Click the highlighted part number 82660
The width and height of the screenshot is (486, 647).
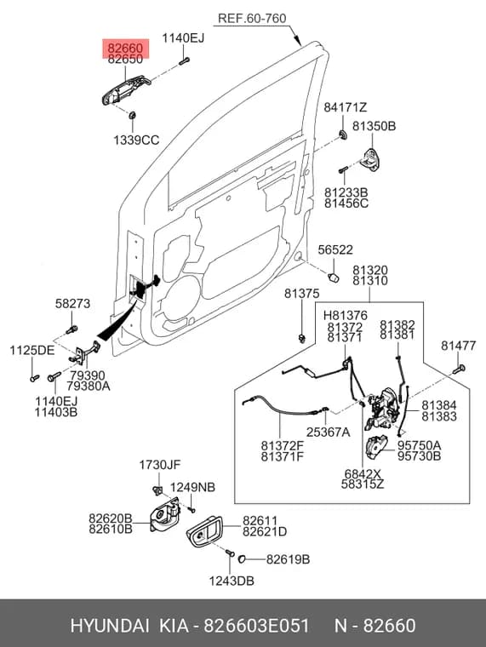125,49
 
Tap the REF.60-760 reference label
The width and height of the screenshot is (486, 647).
252,18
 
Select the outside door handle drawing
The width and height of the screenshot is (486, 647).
126,89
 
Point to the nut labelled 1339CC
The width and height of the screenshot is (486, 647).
133,115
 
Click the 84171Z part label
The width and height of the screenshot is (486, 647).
345,107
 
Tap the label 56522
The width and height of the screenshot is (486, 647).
335,249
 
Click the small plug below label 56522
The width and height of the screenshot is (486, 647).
334,278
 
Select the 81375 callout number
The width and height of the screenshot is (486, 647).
301,294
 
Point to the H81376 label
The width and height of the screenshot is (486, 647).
345,316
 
